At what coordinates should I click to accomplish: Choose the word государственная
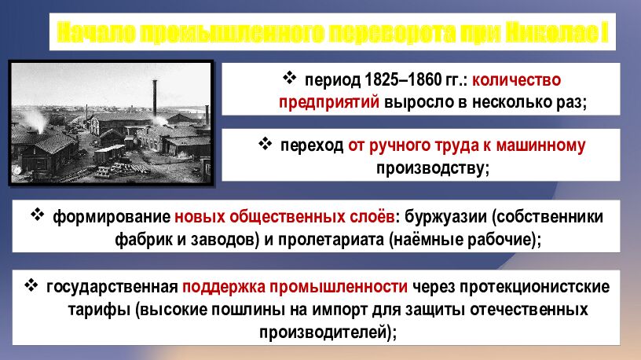click(x=112, y=287)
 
